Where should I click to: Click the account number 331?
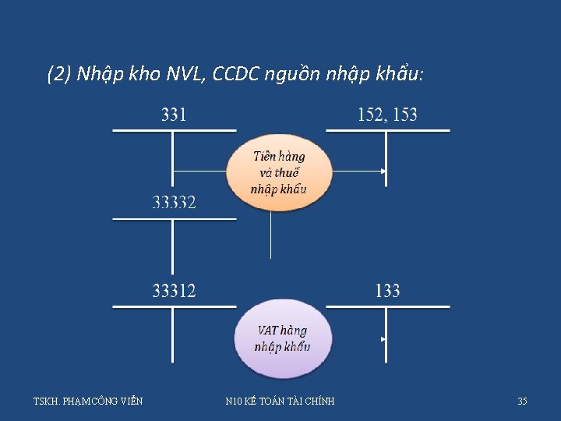[x=173, y=115]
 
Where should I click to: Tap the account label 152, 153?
[x=387, y=115]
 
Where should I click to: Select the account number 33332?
[x=174, y=203]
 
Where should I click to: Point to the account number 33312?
[x=174, y=292]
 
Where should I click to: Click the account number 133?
[x=387, y=292]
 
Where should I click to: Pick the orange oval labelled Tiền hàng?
[x=278, y=173]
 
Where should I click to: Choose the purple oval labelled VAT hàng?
[x=282, y=338]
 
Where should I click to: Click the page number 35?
[x=522, y=402]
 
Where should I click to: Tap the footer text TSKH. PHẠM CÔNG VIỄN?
[x=88, y=402]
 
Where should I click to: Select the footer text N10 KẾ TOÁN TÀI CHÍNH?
[x=280, y=402]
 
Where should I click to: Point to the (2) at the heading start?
[x=59, y=75]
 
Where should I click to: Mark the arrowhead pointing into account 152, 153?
[x=383, y=172]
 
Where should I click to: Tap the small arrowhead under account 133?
[x=383, y=340]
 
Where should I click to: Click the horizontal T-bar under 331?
[x=174, y=130]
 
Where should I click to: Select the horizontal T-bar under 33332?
[x=174, y=218]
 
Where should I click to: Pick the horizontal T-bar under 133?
[x=387, y=306]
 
